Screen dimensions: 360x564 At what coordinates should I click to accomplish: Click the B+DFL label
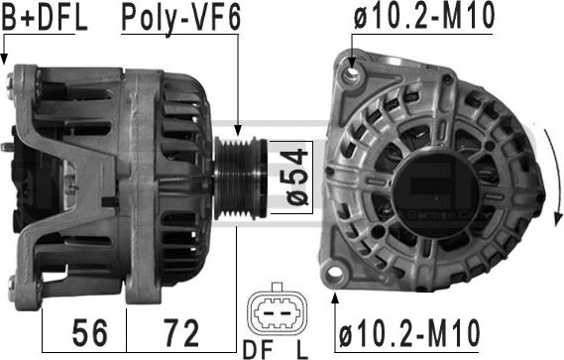(45, 17)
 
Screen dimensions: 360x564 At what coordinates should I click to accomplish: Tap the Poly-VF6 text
(180, 17)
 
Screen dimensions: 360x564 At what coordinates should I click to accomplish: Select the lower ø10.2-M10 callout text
(408, 330)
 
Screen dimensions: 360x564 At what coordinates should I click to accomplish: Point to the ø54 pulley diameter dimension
(294, 177)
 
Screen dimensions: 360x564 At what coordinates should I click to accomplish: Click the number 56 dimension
(84, 330)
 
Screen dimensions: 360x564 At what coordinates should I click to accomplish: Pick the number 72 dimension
(180, 330)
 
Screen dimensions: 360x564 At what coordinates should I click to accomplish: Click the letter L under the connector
(301, 350)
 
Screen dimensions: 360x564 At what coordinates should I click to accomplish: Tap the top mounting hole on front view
(348, 71)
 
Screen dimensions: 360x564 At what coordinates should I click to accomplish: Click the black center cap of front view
(441, 184)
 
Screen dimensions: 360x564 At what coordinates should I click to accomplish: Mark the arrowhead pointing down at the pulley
(239, 128)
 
